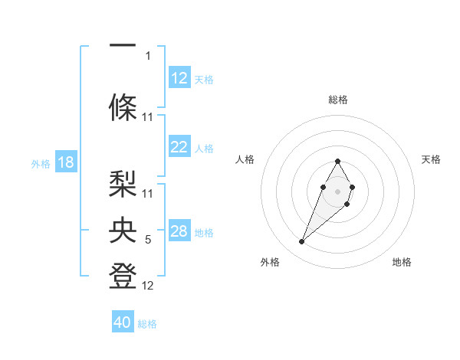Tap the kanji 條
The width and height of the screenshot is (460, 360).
pos(123,107)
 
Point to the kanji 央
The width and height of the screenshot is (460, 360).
pos(123,230)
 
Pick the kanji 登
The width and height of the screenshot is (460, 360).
pos(123,276)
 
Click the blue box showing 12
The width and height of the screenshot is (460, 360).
pos(179,78)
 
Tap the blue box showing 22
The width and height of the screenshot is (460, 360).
pos(179,148)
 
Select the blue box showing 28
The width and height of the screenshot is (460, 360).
pos(179,231)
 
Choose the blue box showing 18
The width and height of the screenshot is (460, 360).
pos(65,162)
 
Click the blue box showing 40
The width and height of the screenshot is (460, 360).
pos(123,322)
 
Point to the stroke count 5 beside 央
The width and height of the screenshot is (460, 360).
pos(148,241)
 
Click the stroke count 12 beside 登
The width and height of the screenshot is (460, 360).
pos(148,286)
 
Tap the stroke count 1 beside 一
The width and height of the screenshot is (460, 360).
pos(148,55)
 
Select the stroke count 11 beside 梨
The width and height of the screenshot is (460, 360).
pos(148,193)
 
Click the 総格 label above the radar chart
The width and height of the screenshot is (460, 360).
pos(337,100)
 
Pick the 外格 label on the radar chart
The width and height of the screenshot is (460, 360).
pos(270,262)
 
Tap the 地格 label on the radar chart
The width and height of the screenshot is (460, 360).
pos(402,262)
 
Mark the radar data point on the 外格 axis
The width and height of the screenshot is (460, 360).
pos(301,242)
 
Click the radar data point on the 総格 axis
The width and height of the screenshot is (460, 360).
pos(337,161)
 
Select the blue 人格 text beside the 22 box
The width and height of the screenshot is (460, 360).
pos(204,149)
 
